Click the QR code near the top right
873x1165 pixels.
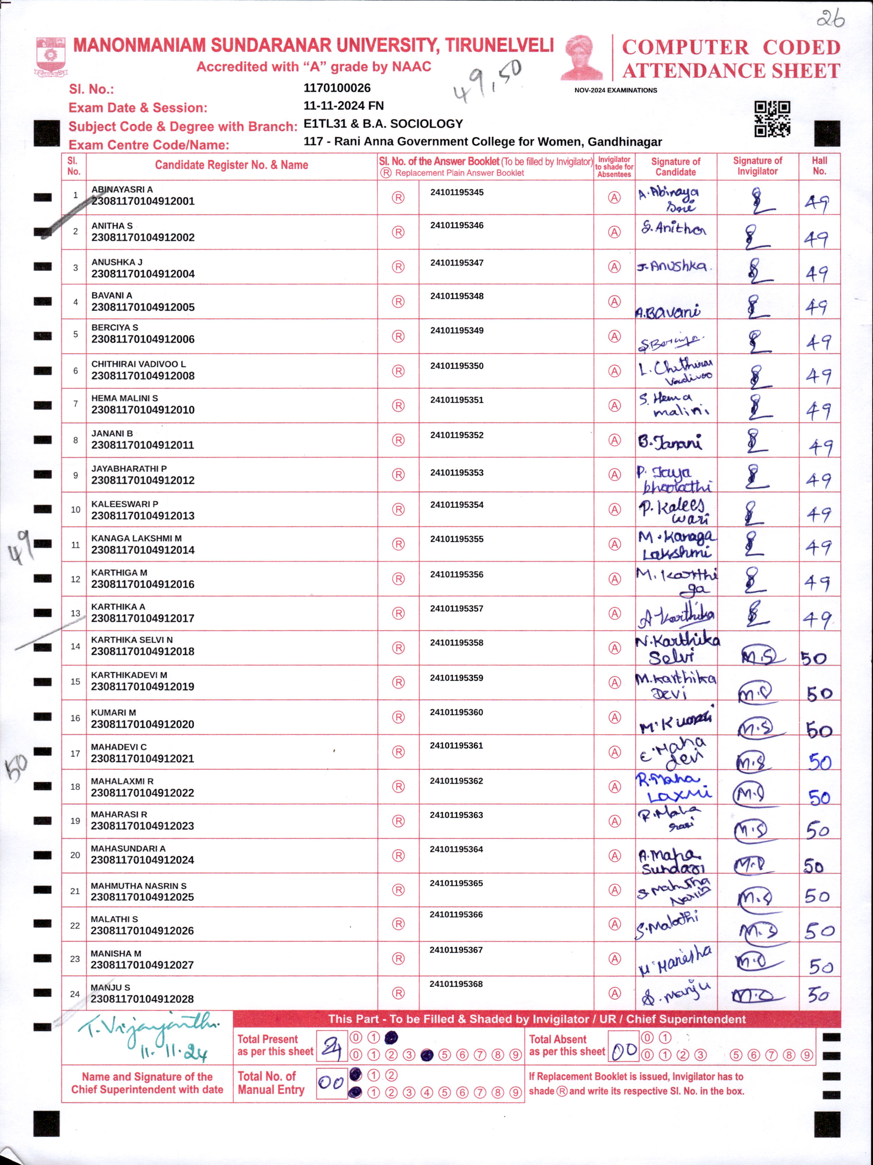tap(772, 118)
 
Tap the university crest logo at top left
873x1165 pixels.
tap(50, 55)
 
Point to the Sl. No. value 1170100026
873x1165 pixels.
tap(337, 88)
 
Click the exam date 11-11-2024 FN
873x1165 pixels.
tap(343, 106)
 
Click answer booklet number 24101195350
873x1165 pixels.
tap(457, 366)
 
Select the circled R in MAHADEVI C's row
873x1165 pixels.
tap(398, 752)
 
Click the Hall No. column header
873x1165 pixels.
tap(819, 166)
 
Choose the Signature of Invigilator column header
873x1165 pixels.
tap(757, 166)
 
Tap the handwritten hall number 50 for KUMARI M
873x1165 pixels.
tap(819, 730)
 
